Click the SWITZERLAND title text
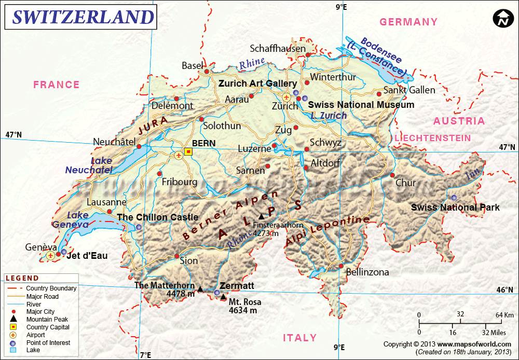pyautogui.click(x=83, y=17)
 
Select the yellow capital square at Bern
pyautogui.click(x=188, y=152)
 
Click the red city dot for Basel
pyautogui.click(x=207, y=72)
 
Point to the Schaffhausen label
pyautogui.click(x=278, y=49)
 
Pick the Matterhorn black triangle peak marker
pyautogui.click(x=200, y=288)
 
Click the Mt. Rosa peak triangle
pyautogui.click(x=223, y=297)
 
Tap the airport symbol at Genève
pyautogui.click(x=50, y=255)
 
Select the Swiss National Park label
pyautogui.click(x=455, y=207)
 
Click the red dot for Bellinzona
pyautogui.click(x=341, y=266)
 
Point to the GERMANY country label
pyautogui.click(x=408, y=22)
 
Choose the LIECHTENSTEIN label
pyautogui.click(x=433, y=138)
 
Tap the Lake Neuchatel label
pyautogui.click(x=89, y=165)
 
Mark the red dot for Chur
pyautogui.click(x=392, y=175)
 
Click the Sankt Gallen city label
pyautogui.click(x=409, y=90)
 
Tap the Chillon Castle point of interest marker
pyautogui.click(x=139, y=227)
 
